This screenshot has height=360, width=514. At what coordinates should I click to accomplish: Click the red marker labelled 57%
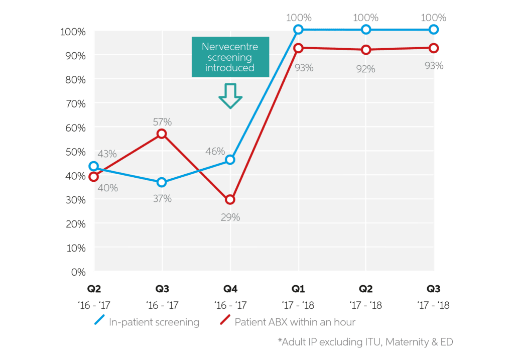point(162,134)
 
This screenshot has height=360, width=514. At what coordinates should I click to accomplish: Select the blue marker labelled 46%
point(230,160)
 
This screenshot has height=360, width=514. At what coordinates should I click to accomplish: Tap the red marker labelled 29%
point(230,199)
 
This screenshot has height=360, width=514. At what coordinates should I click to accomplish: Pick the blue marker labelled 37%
point(162,182)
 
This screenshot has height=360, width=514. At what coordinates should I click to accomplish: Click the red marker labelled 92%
point(366,50)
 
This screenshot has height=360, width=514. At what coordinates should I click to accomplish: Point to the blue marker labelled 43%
point(93,166)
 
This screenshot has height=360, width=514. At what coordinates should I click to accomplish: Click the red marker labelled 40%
point(93,176)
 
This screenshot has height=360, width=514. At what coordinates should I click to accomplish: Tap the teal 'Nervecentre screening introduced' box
point(230,57)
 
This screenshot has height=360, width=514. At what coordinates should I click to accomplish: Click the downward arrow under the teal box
point(230,96)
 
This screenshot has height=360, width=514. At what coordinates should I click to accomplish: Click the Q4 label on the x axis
point(230,290)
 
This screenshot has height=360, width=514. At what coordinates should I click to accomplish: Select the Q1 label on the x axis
point(298,290)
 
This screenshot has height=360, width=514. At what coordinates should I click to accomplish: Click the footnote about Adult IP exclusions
point(366,342)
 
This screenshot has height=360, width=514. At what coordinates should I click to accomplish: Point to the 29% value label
point(230,217)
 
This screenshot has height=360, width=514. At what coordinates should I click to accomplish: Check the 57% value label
point(162,122)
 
